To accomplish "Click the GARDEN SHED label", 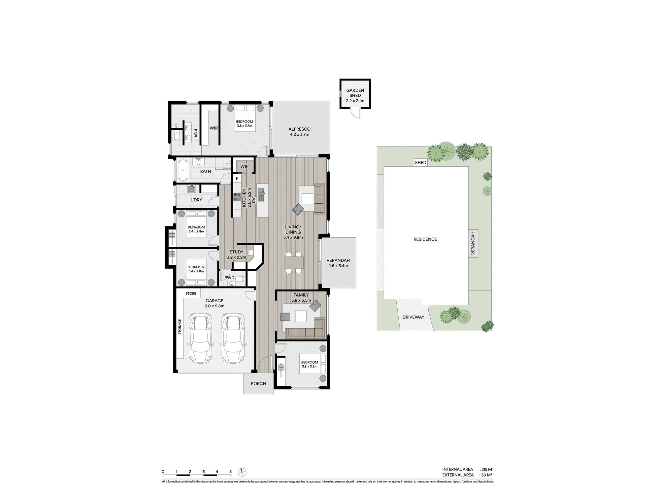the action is point(355,93).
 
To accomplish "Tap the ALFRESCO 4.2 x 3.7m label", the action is point(300,132).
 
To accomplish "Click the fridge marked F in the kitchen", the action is point(237,179).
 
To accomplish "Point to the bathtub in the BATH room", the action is point(182,170).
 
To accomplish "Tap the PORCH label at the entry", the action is point(258,383).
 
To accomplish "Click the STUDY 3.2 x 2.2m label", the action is point(237,254).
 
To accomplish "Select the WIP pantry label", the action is point(244,166).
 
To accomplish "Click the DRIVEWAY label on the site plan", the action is point(413,317).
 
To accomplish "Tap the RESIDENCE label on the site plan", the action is point(425,239).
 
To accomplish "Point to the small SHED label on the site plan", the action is point(421,162).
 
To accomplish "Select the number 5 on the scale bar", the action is point(230,472).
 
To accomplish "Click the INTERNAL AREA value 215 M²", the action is point(487,469).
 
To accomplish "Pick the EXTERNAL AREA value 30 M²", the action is point(486,475).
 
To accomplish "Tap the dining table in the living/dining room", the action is point(294,263).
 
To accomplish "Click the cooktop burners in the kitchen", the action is point(237,197).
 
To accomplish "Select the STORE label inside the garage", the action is point(191,293).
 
